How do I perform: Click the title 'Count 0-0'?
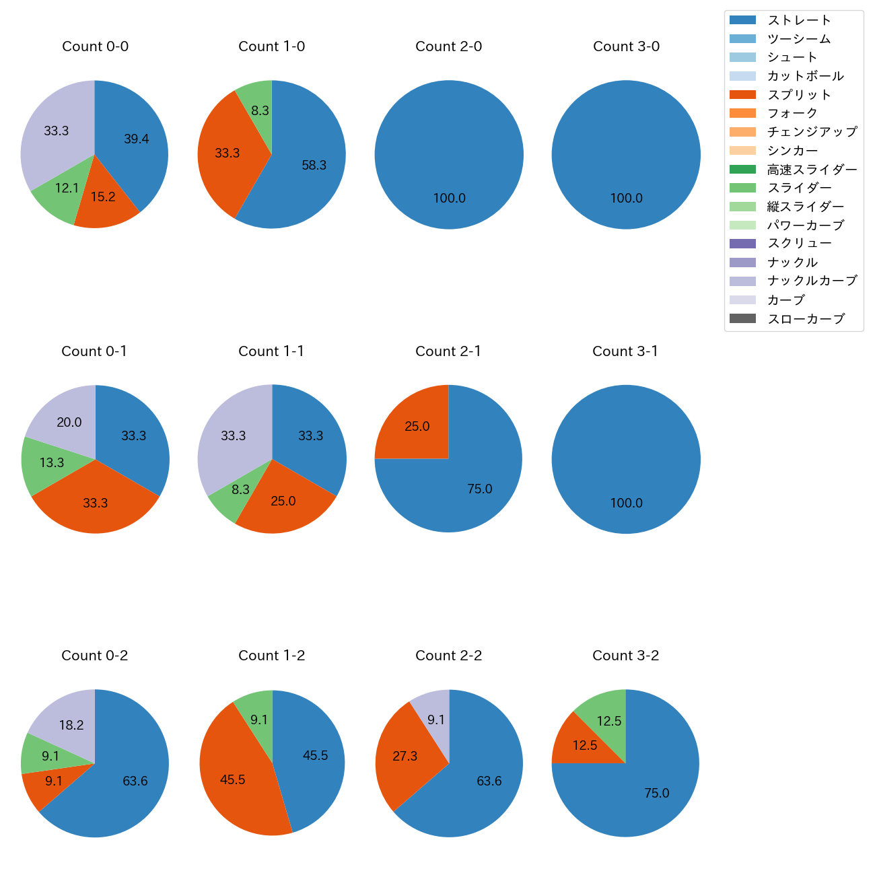(x=95, y=46)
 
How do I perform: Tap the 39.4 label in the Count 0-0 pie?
(x=136, y=139)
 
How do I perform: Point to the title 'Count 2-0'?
(x=448, y=46)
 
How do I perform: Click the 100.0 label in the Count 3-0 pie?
(x=626, y=199)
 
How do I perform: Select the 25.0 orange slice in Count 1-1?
(x=283, y=501)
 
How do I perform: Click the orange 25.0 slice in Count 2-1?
(x=417, y=427)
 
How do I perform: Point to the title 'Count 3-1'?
(x=625, y=351)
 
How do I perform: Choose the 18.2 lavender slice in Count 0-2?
(x=70, y=725)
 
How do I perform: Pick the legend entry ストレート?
(x=799, y=20)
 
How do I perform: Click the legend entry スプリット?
(x=799, y=95)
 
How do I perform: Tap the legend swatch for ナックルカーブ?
(x=742, y=281)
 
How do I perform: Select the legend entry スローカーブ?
(x=806, y=319)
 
